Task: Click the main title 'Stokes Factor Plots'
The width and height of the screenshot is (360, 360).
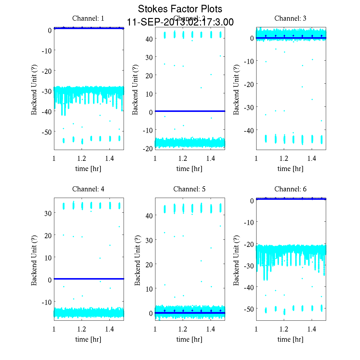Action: coord(180,9)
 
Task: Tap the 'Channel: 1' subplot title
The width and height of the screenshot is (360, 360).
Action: coord(88,18)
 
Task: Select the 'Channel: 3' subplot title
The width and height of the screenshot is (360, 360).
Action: coord(290,18)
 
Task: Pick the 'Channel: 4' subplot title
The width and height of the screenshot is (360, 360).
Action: coord(88,189)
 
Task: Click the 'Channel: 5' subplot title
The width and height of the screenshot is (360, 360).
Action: coord(189,189)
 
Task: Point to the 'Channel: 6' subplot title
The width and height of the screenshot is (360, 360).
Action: coord(290,189)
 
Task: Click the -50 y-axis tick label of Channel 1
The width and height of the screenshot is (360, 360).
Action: coord(46,132)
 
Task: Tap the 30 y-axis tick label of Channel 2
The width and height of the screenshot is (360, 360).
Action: coord(149,57)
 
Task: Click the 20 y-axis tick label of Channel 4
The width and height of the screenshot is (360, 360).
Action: coord(48,235)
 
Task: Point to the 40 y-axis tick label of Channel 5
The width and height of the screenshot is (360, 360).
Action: coord(149,215)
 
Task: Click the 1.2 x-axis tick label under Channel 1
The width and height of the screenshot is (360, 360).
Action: coord(82,158)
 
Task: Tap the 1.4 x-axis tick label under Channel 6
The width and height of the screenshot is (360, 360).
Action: coord(312,329)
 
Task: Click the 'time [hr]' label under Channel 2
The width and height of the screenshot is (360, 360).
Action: coord(189,169)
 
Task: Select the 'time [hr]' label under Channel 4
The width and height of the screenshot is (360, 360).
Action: coord(88,339)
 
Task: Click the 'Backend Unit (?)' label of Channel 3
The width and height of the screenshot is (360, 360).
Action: coord(236,89)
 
